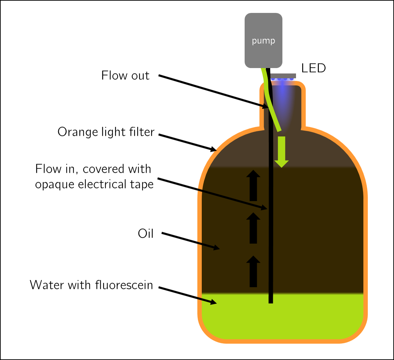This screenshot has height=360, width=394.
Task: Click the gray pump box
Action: click(263, 40)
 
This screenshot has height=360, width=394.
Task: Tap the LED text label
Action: click(313, 68)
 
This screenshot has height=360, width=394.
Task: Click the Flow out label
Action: click(125, 75)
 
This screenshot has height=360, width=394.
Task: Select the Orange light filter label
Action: click(106, 132)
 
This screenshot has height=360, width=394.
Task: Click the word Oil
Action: click(146, 234)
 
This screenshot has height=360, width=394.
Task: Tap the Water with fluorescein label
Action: click(91, 285)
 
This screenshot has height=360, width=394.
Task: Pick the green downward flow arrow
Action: click(281, 152)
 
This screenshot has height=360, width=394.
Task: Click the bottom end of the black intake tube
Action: click(271, 301)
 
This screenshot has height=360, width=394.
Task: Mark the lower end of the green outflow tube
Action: click(279, 130)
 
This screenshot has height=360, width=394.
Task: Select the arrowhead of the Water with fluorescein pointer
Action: click(214, 302)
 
